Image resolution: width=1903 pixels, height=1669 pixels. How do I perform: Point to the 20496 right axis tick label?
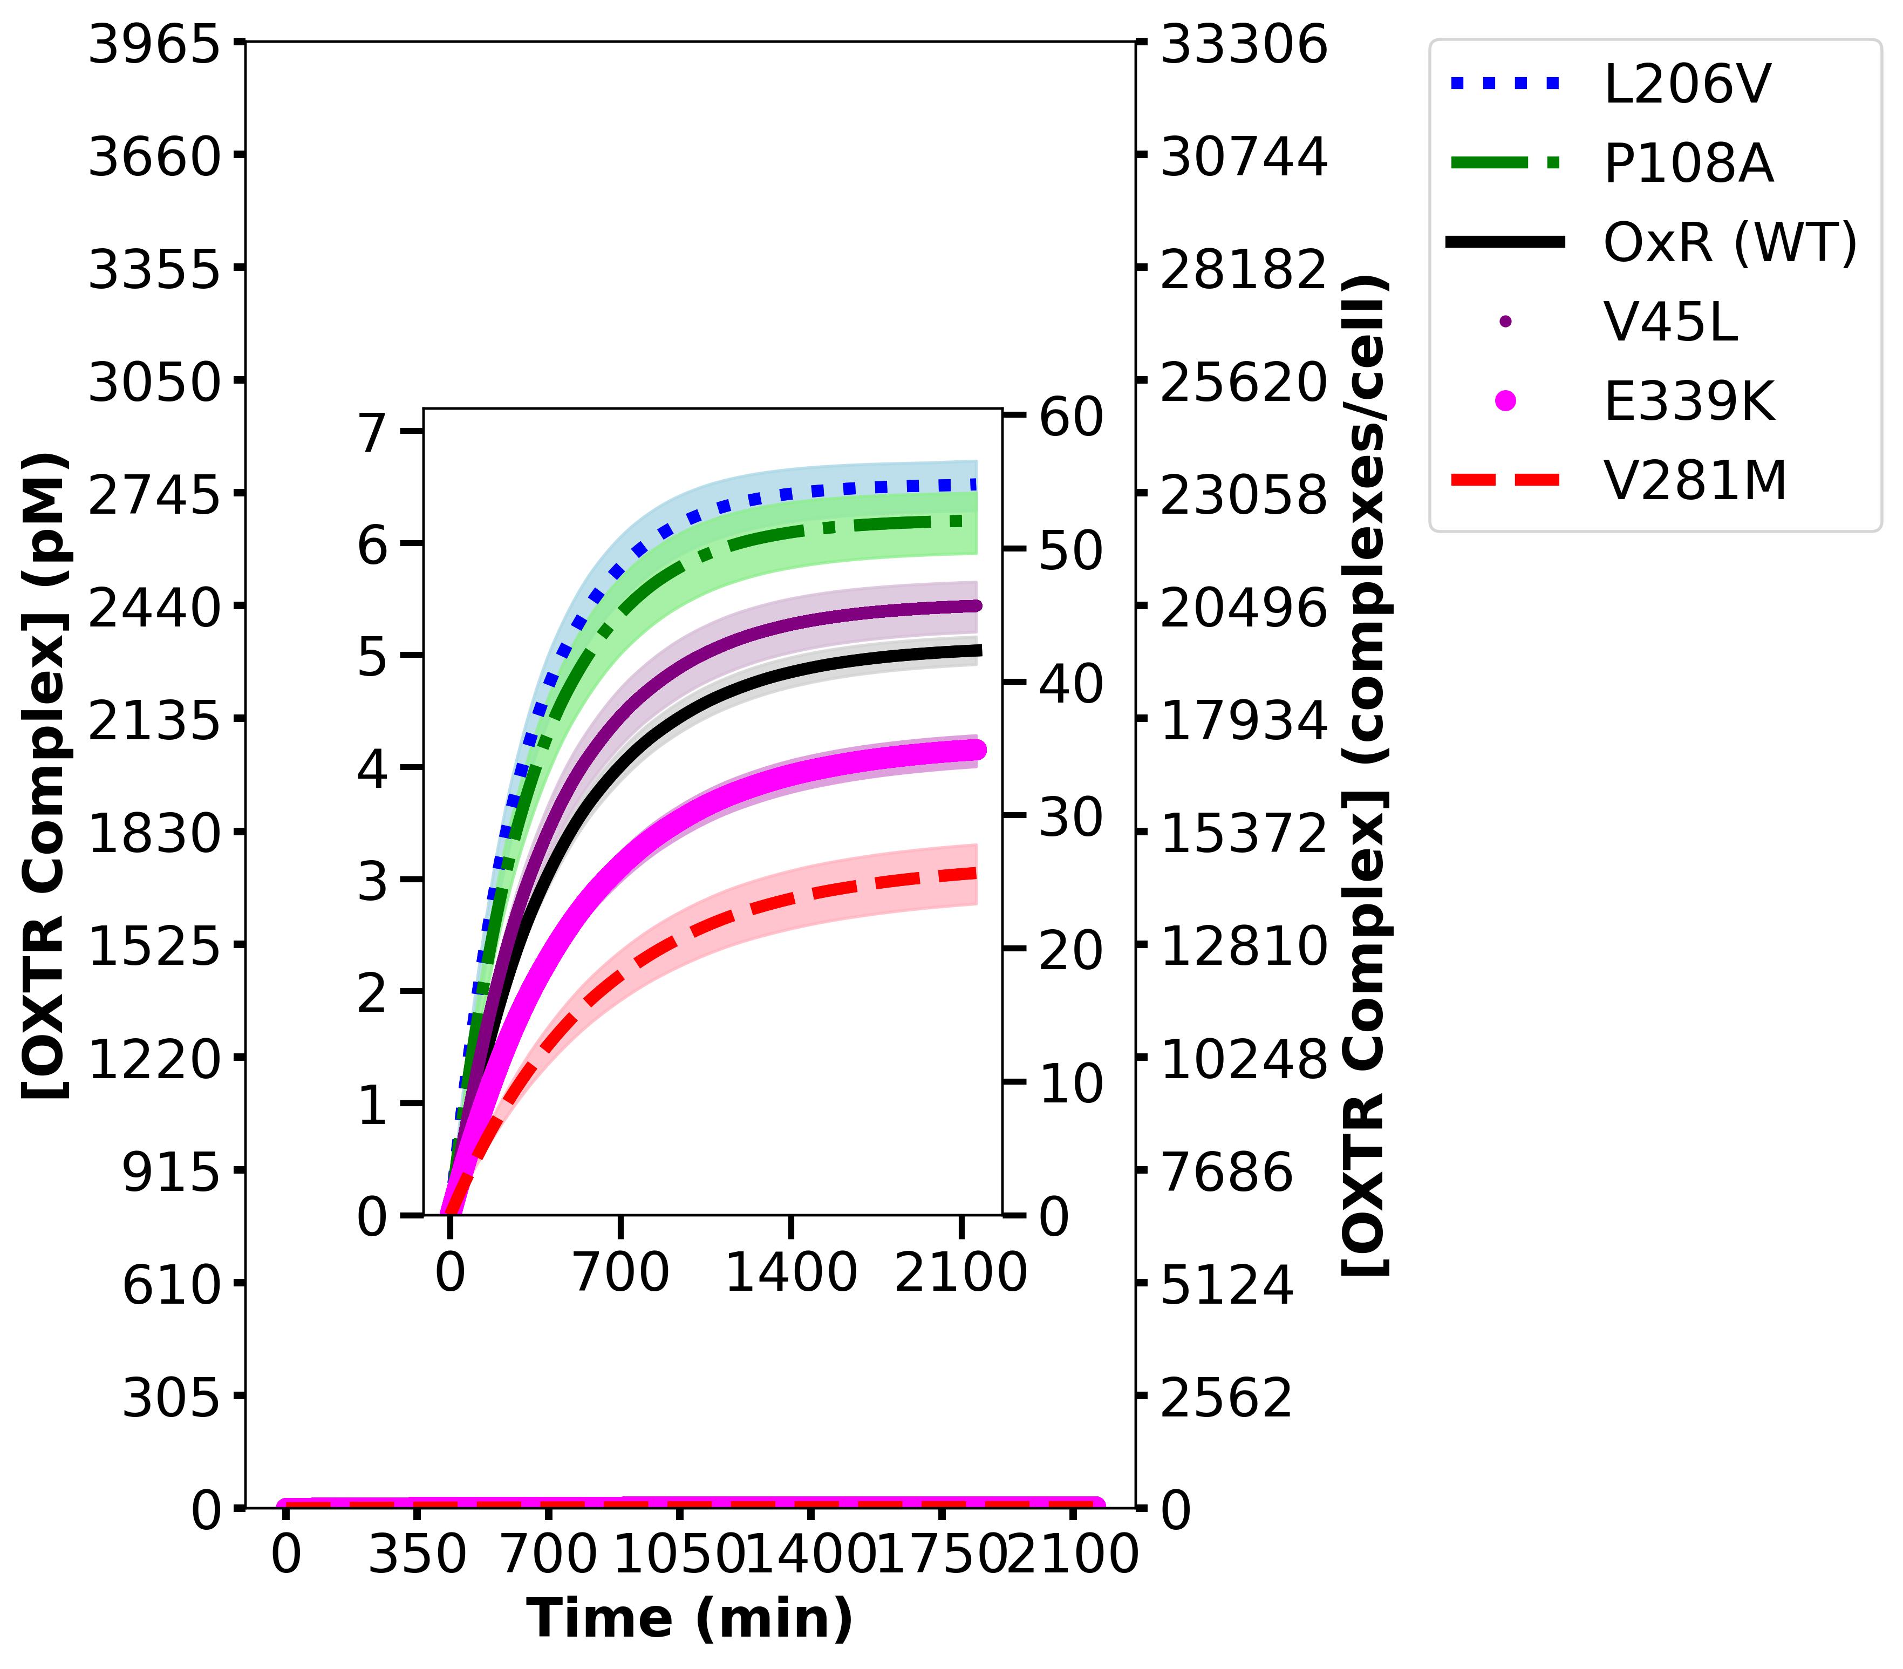pyautogui.click(x=1244, y=607)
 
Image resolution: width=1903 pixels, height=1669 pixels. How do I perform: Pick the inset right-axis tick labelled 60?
pyautogui.click(x=1070, y=417)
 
